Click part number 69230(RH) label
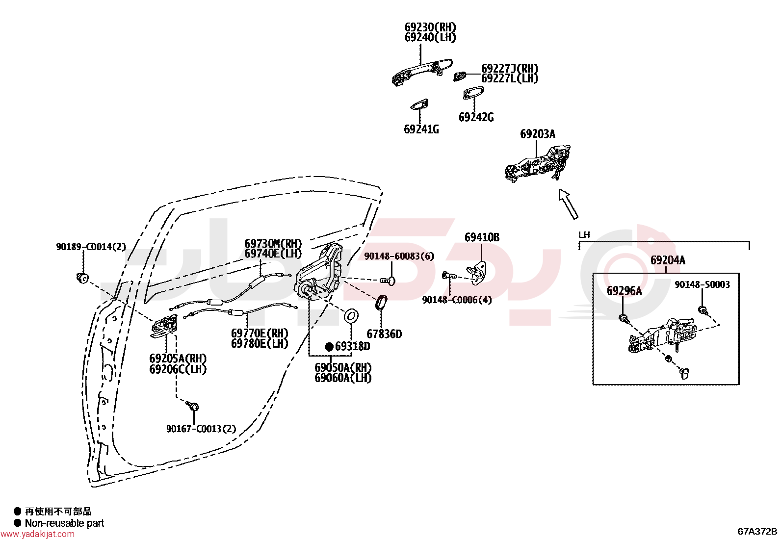pos(430,27)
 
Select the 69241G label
pos(421,129)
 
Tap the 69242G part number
pos(476,117)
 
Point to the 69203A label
pos(538,134)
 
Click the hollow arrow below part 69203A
pos(568,205)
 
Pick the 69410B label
pos(482,237)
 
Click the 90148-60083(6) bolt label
pos(399,256)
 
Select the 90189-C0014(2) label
pos(91,247)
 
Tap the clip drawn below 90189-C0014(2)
pos(82,278)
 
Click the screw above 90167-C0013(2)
pos(192,406)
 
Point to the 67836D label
pos(384,334)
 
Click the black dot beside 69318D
pos(329,347)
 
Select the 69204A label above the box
pos(668,260)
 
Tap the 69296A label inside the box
pos(624,291)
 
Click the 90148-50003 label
pos(702,284)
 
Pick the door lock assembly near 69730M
pos(318,272)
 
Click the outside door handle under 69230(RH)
pos(422,72)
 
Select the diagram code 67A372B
pos(757,531)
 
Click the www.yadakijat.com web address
pos(38,534)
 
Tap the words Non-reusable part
pos(64,523)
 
